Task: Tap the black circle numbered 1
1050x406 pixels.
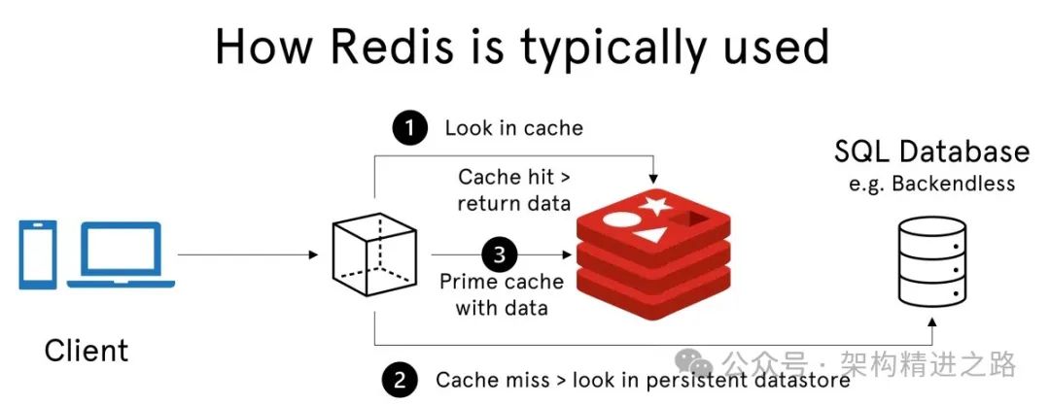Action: pyautogui.click(x=408, y=128)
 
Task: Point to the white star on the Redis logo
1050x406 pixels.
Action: pyautogui.click(x=652, y=206)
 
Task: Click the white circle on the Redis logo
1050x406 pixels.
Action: pyautogui.click(x=618, y=219)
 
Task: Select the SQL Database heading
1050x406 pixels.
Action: pyautogui.click(x=931, y=152)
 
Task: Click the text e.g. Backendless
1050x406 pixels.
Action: pyautogui.click(x=931, y=185)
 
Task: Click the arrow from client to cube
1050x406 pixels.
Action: pyautogui.click(x=248, y=255)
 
